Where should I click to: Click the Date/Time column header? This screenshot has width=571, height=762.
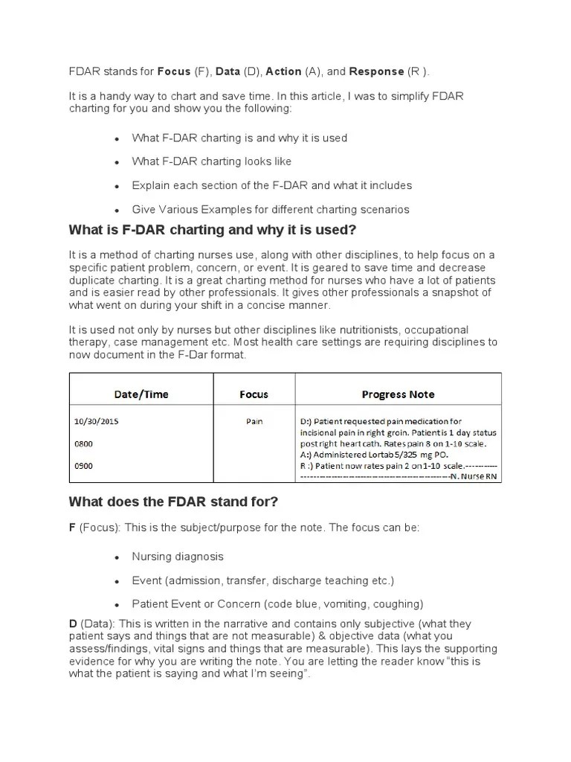pyautogui.click(x=141, y=394)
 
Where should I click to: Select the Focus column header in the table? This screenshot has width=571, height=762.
pyautogui.click(x=254, y=394)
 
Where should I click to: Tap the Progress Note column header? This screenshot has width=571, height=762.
pyautogui.click(x=398, y=394)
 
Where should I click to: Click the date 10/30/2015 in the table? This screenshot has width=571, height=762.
pyautogui.click(x=96, y=421)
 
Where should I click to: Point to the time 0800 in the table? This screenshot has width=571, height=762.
pyautogui.click(x=83, y=444)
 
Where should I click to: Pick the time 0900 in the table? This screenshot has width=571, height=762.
pyautogui.click(x=83, y=467)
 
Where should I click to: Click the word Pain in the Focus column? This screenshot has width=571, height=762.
pyautogui.click(x=254, y=421)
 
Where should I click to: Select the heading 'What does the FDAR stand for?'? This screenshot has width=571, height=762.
pyautogui.click(x=173, y=502)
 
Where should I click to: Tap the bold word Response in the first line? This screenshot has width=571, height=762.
pyautogui.click(x=375, y=71)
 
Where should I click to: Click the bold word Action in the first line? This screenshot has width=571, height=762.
pyautogui.click(x=283, y=71)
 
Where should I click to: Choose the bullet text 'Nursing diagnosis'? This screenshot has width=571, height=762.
pyautogui.click(x=178, y=556)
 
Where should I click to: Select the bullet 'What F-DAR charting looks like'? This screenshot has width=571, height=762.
pyautogui.click(x=212, y=161)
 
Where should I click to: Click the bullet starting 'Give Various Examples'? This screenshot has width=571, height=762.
pyautogui.click(x=271, y=209)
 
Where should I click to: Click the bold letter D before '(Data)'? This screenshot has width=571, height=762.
pyautogui.click(x=72, y=624)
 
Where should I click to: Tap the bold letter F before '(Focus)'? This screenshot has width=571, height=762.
pyautogui.click(x=72, y=527)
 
